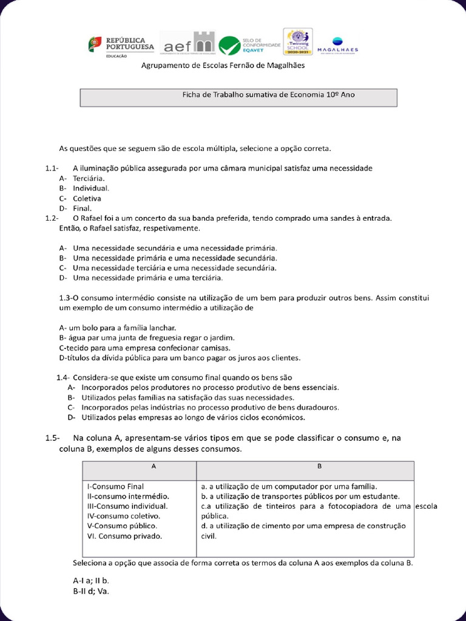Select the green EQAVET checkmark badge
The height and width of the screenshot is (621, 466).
[229, 45]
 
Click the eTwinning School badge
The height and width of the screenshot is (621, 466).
[298, 42]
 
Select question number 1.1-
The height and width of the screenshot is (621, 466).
[51, 168]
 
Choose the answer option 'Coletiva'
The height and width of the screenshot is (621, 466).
[87, 198]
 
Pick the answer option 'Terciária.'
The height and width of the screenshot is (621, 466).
[89, 178]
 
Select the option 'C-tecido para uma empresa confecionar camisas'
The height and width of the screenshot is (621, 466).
[144, 347]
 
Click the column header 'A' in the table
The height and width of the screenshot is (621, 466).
[154, 466]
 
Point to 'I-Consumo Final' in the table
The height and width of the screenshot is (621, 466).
[116, 486]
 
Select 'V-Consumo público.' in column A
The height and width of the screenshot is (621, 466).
[122, 525]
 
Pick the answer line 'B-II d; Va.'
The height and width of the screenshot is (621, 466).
[92, 591]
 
